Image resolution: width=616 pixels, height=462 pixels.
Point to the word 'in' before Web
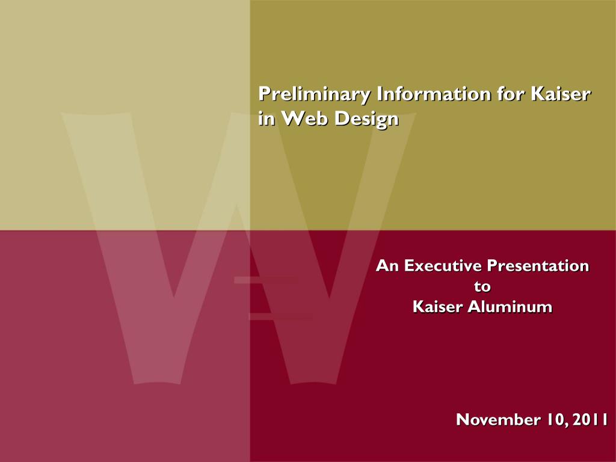(266, 118)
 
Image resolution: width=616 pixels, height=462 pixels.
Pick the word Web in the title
(305, 118)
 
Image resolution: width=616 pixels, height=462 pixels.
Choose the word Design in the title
(366, 120)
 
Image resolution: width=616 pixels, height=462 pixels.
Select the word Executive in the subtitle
(443, 266)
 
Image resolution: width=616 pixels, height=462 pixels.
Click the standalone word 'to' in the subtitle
(482, 286)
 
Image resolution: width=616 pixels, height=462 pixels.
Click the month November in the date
(497, 419)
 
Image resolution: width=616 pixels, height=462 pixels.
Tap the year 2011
(591, 419)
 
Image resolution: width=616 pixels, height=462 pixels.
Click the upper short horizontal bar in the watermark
(266, 280)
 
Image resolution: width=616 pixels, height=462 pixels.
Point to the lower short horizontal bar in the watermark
(282, 316)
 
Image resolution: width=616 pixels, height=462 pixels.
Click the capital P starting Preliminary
(265, 93)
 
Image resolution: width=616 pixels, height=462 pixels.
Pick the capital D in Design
(340, 118)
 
